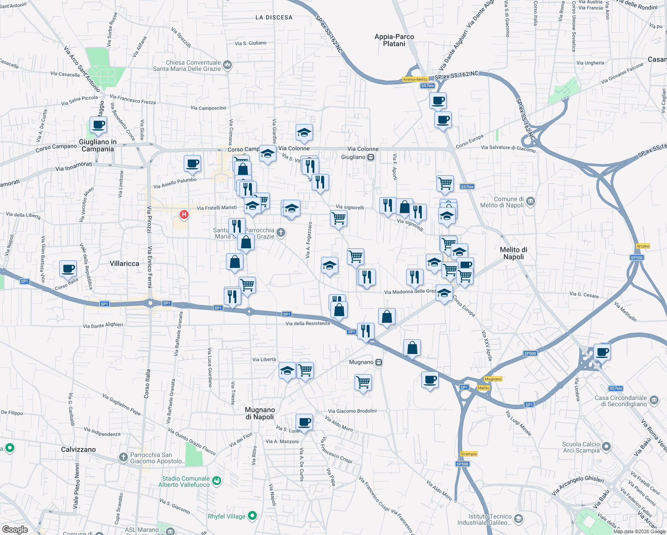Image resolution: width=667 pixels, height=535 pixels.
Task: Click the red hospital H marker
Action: [x=184, y=215]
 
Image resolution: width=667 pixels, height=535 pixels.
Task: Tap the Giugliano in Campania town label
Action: [x=98, y=145]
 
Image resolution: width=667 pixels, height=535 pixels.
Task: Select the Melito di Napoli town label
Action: [x=514, y=253]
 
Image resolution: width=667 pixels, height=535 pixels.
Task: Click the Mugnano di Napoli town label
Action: [x=260, y=413]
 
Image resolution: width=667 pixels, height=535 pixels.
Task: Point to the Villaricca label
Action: [x=124, y=263]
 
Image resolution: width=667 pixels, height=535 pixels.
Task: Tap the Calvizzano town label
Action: [x=78, y=449]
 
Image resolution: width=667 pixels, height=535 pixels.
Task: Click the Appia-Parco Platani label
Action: [x=394, y=40]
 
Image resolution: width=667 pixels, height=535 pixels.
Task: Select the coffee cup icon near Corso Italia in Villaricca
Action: [x=68, y=269]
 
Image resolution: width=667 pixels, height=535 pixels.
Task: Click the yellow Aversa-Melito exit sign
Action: [x=415, y=79]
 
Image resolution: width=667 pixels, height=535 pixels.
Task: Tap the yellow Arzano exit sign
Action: [x=643, y=246]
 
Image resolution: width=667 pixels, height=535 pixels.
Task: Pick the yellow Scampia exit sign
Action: [x=469, y=454]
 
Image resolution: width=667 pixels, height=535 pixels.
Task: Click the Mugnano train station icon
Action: [x=379, y=362]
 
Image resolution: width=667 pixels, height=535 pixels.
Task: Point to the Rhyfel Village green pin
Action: [x=252, y=516]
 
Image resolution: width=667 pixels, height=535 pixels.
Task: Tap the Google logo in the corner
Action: [x=15, y=530]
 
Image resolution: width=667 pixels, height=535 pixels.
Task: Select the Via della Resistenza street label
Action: [x=308, y=323]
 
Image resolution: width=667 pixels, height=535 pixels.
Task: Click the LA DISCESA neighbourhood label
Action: [x=274, y=17]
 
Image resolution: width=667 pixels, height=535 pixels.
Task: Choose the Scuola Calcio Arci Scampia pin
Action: [x=606, y=446]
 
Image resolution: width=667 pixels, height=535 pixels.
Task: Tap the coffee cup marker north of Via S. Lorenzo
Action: [x=305, y=422]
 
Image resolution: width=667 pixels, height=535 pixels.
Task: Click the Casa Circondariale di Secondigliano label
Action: [x=621, y=401]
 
